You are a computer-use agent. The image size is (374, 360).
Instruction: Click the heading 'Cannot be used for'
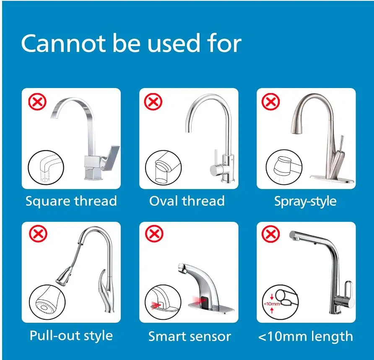131,44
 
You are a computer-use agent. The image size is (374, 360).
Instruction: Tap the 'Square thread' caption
71,201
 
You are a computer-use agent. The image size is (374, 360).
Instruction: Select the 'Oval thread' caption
187,201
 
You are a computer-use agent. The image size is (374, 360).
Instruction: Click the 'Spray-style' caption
305,201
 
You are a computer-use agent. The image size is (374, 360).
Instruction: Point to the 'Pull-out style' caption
71,336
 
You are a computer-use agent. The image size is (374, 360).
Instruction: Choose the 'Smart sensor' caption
190,336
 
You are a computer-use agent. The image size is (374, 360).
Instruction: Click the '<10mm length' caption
306,336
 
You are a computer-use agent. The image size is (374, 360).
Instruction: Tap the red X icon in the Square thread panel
37,102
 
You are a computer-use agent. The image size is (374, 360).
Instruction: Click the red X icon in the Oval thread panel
153,102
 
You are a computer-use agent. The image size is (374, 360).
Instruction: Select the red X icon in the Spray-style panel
271,102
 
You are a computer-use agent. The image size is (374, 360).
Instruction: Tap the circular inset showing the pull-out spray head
47,301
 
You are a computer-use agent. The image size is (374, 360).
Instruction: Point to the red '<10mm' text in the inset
272,304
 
